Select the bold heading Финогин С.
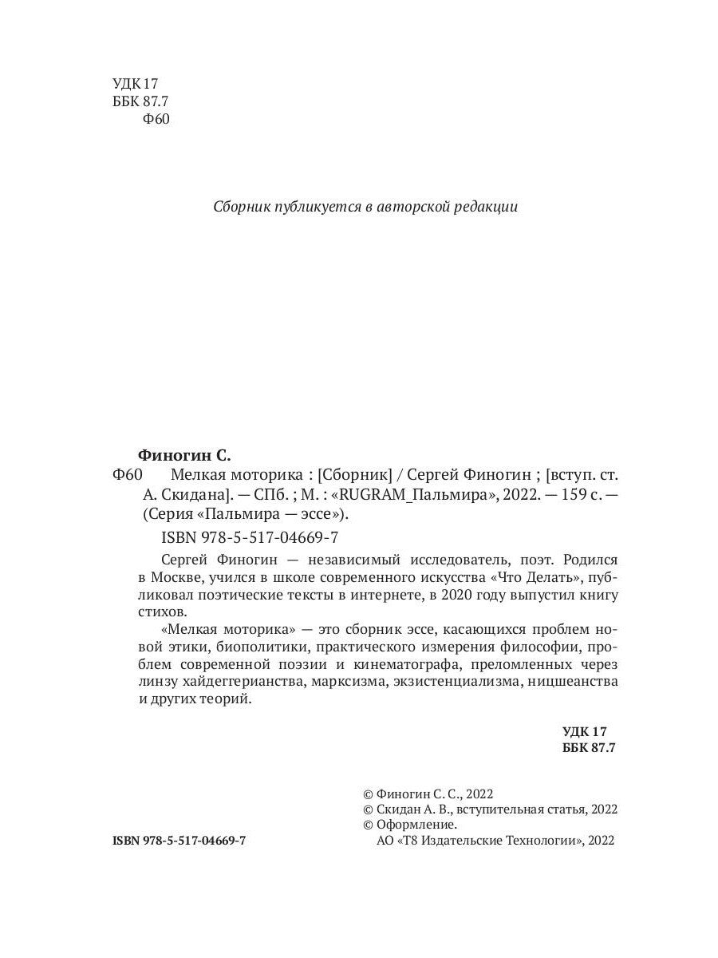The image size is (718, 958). pos(183,456)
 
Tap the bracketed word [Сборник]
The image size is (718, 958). pos(349,474)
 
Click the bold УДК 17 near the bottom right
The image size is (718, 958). pos(585,731)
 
